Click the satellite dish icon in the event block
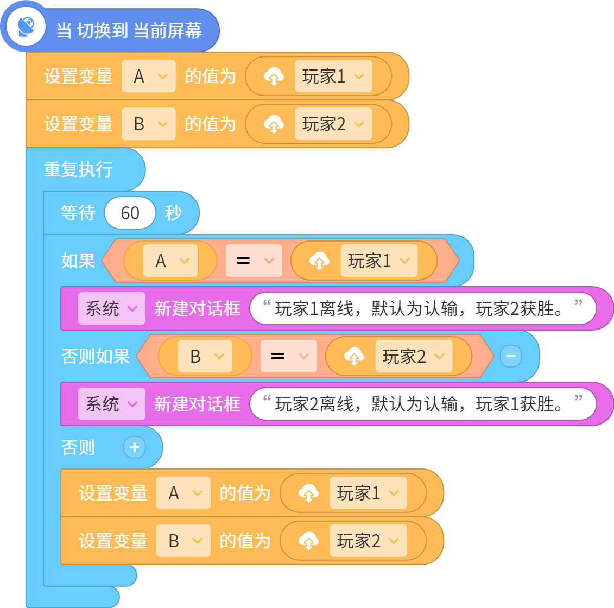26,27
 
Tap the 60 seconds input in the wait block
130,213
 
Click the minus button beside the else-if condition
511,356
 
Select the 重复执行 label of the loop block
78,169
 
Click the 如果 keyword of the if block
78,261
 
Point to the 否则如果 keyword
96,356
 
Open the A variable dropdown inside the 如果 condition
170,261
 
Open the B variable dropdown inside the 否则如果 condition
205,356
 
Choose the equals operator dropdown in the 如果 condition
254,261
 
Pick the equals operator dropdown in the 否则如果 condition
289,356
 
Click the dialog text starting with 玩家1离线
420,308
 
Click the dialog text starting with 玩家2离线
420,404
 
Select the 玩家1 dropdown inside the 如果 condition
379,261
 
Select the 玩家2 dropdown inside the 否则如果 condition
414,356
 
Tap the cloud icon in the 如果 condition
320,261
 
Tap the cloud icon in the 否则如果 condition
354,356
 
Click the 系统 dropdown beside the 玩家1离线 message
112,308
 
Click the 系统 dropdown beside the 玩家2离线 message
112,404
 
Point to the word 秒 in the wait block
173,213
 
